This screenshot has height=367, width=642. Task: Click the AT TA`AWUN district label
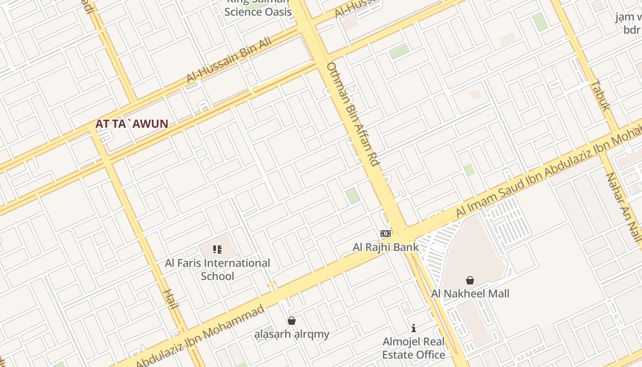(x=132, y=124)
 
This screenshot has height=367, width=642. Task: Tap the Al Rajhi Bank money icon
(x=386, y=234)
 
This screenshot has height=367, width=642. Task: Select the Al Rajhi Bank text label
(x=386, y=247)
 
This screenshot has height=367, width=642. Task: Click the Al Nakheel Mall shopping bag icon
(x=470, y=280)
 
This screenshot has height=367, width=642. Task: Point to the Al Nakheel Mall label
(x=470, y=294)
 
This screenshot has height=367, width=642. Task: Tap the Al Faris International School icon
(x=217, y=250)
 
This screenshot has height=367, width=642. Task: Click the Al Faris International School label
(x=217, y=269)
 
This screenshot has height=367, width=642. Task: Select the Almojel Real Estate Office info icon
(x=414, y=328)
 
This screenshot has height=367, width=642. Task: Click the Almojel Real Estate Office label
(x=414, y=348)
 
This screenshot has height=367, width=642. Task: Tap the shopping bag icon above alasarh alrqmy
(x=292, y=321)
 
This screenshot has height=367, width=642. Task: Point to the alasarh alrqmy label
(x=292, y=334)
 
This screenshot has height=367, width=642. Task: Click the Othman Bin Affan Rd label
(x=354, y=114)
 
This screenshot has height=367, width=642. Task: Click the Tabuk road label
(x=600, y=95)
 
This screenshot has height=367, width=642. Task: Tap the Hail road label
(x=170, y=299)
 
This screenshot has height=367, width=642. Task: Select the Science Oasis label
(x=258, y=12)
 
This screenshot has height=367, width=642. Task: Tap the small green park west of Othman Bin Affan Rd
(x=353, y=196)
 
